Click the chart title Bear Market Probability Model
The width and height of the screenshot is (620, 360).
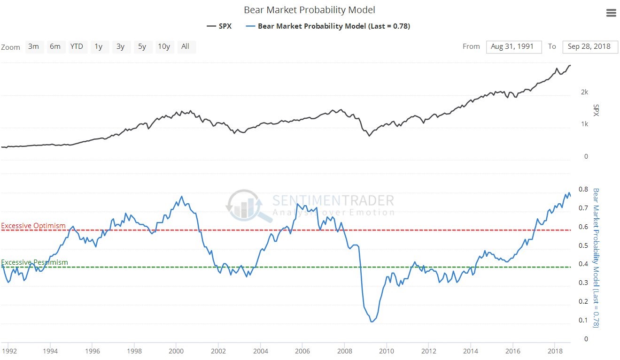point(310,10)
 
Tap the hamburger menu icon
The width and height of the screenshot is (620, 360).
point(611,13)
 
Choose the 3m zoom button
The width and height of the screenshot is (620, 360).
point(33,46)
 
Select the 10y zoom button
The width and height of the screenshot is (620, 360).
point(163,46)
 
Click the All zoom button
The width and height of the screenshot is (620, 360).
point(185,46)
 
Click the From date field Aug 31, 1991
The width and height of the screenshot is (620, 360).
point(514,46)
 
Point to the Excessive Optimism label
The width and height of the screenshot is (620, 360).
point(33,226)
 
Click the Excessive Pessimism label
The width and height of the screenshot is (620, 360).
point(34,262)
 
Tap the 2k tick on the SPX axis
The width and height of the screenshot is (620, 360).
point(584,92)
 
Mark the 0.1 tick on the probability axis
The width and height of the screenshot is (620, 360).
point(583,321)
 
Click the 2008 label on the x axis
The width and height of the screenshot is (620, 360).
point(345,351)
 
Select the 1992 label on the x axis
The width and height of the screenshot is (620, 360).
point(9,351)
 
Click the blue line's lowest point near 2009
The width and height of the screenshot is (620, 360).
point(372,322)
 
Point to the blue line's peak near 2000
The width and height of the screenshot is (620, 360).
point(182,196)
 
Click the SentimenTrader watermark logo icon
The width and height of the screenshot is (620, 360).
point(243,205)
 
